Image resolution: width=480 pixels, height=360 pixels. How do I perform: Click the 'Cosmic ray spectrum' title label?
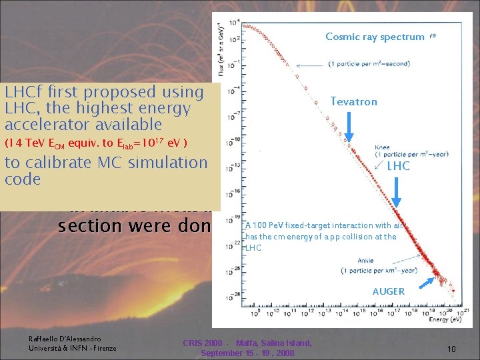pyautogui.click(x=374, y=37)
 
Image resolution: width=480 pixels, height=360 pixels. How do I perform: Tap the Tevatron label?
pyautogui.click(x=354, y=102)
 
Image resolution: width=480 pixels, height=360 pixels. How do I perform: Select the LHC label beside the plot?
pyautogui.click(x=398, y=166)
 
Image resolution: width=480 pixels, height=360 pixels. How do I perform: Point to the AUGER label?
pyautogui.click(x=388, y=291)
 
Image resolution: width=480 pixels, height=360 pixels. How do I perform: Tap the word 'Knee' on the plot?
pyautogui.click(x=383, y=147)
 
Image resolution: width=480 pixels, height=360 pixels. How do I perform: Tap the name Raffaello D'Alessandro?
pyautogui.click(x=65, y=339)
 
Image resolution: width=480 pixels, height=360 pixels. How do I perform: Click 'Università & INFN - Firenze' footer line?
pyautogui.click(x=72, y=348)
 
